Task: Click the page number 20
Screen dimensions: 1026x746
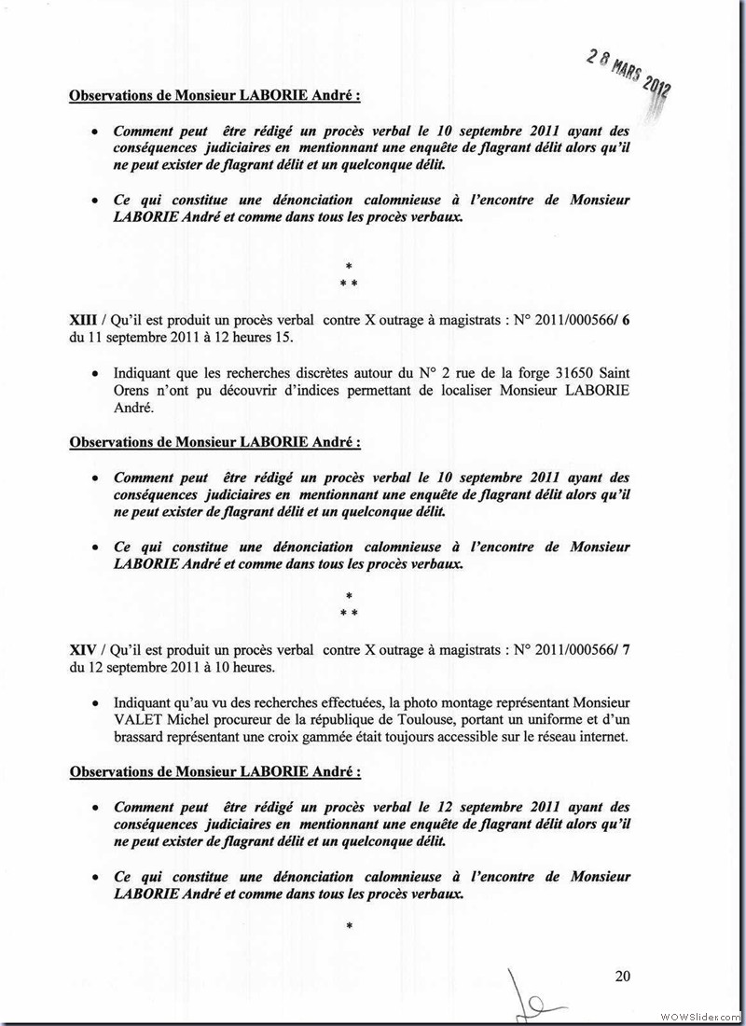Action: coord(623,977)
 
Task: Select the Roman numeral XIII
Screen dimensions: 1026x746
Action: coord(83,320)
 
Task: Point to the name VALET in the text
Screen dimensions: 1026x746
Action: coord(136,719)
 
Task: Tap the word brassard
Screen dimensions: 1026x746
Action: coord(141,736)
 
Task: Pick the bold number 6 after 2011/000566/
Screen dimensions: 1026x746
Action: coord(626,320)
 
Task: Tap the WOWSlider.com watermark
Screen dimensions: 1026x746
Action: coord(699,1015)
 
